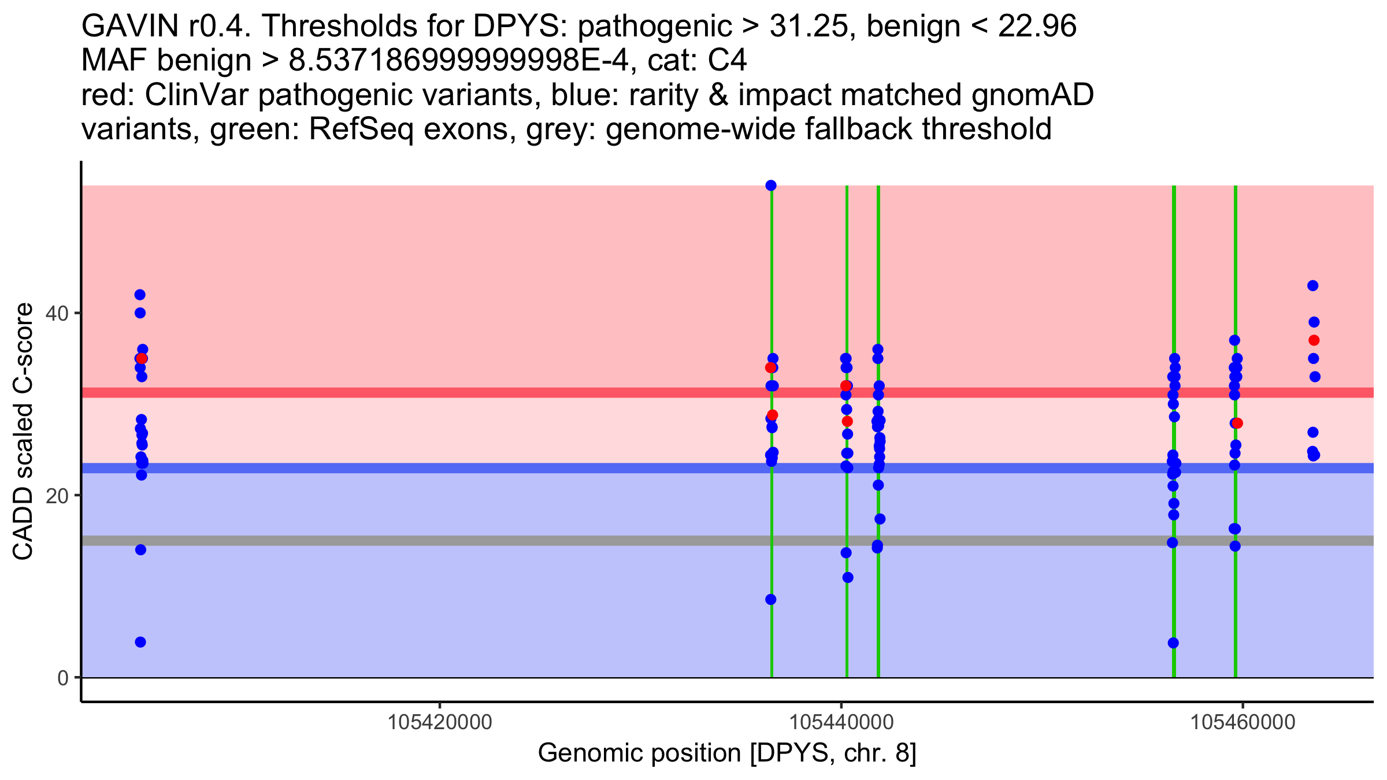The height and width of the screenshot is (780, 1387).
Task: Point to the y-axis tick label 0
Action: coord(63,678)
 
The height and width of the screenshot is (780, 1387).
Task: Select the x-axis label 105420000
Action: coord(440,722)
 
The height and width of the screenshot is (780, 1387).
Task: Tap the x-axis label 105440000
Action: coord(841,722)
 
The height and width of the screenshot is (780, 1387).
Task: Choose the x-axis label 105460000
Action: coord(1243,722)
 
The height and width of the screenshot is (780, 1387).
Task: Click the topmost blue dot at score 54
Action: coord(771,185)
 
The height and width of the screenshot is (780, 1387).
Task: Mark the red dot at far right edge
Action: coord(1314,340)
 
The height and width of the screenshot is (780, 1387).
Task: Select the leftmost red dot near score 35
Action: coord(142,359)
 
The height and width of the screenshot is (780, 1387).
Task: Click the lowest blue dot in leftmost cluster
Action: coord(140,642)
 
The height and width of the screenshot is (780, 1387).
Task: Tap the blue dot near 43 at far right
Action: coord(1312,285)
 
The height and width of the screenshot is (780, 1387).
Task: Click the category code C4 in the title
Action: coord(728,61)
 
